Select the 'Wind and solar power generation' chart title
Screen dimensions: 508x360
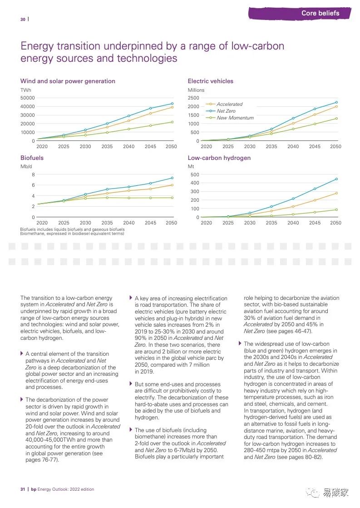(68, 81)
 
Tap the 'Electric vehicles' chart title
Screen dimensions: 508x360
(210, 81)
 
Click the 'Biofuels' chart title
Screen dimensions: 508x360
(32, 158)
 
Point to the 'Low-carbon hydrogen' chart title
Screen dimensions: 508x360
(219, 158)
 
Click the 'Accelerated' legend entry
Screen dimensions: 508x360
(229, 104)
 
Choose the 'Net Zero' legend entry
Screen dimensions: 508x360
(226, 111)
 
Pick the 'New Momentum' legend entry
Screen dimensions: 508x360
(235, 118)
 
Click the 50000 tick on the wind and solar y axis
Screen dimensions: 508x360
(28, 98)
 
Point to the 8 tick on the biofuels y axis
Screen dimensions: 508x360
(33, 174)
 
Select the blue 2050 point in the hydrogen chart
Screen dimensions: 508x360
(335, 179)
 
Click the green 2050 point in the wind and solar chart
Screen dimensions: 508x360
(172, 122)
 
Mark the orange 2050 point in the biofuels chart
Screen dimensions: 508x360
(172, 185)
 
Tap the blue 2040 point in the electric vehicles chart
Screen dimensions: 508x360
(293, 118)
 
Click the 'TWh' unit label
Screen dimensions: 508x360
(25, 90)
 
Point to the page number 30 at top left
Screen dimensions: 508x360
(23, 19)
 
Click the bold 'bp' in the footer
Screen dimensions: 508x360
(33, 489)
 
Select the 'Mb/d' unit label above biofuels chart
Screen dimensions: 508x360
(27, 167)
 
